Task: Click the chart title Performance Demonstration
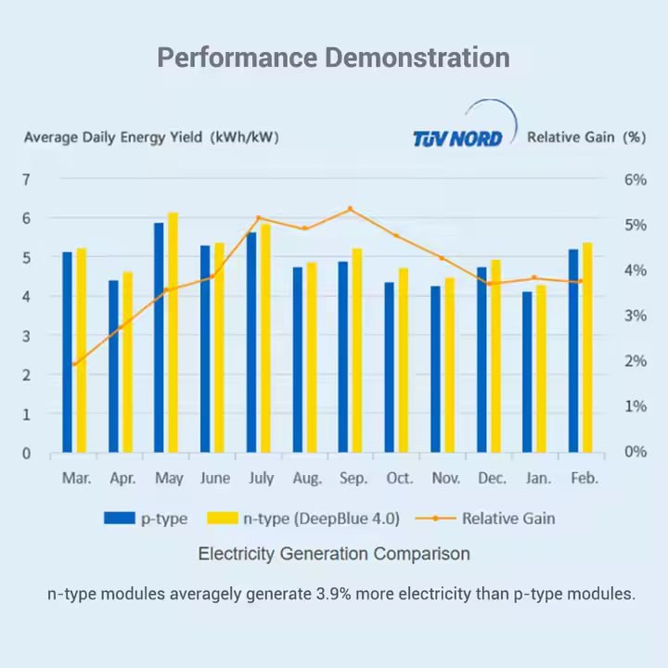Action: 333,58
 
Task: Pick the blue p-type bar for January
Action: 527,372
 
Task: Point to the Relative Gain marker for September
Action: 350,209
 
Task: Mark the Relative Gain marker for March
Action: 74,364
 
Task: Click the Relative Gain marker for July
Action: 259,218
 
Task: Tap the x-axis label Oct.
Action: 400,479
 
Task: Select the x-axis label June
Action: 215,479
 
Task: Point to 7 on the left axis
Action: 27,179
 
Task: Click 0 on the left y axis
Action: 27,454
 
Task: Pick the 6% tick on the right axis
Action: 635,179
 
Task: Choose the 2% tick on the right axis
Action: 635,361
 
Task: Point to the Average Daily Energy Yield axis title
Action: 151,137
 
